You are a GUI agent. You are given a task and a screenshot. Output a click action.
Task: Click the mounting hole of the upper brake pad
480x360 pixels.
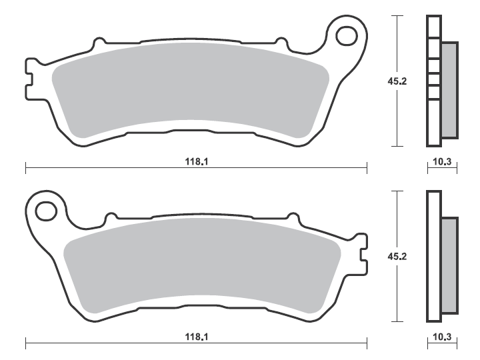click(x=347, y=36)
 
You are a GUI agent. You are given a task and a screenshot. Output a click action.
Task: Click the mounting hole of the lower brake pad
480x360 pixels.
click(x=47, y=211)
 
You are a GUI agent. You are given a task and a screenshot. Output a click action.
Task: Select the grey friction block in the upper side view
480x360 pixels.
click(x=449, y=90)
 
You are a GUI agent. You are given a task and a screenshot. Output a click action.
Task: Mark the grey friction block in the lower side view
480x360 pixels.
click(x=449, y=265)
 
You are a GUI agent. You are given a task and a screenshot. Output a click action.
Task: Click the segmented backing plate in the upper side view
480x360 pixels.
click(x=433, y=81)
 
